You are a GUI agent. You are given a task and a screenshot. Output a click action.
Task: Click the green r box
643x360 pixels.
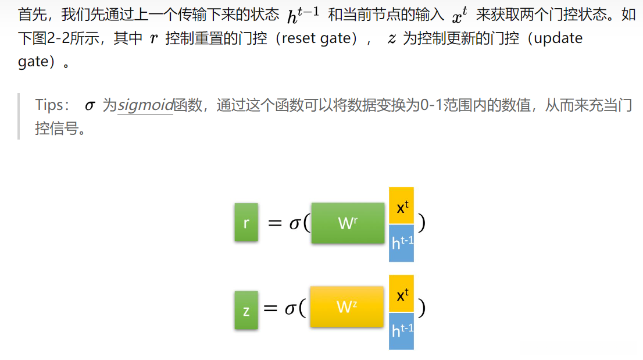pos(246,222)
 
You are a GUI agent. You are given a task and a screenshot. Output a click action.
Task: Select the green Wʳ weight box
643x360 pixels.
pos(348,223)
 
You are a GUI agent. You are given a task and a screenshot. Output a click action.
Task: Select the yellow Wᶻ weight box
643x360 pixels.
pos(346,306)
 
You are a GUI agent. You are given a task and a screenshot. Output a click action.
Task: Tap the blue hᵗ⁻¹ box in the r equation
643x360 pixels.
pos(401,243)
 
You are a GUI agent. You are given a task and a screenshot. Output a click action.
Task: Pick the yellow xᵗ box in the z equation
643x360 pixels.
pos(401,294)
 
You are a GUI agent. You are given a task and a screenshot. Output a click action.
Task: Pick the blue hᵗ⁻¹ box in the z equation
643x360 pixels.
pos(401,330)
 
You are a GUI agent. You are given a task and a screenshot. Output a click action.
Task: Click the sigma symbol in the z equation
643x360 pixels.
pos(291,308)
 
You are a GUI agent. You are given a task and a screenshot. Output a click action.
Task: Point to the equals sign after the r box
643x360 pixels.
pos(274,223)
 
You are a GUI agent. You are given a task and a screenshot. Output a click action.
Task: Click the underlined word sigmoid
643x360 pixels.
pos(145,105)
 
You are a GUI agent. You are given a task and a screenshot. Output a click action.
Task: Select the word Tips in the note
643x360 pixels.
pos(51,105)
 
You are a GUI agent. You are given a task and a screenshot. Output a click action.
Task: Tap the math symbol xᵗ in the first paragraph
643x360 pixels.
pos(460,16)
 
